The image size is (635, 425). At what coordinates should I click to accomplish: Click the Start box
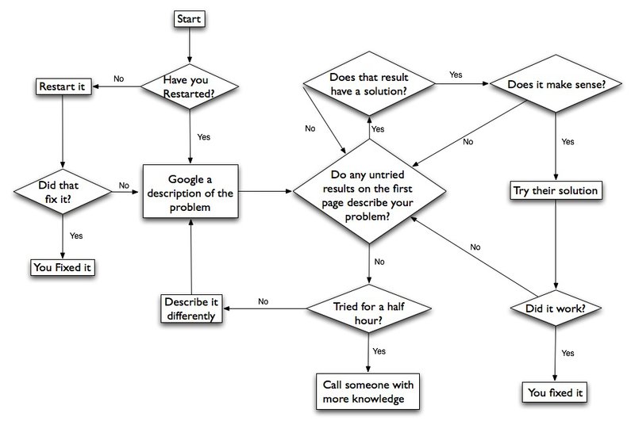pos(190,17)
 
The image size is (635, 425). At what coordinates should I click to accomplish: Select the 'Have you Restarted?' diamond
pos(190,86)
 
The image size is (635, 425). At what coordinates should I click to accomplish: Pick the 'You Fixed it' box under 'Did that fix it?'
pos(62,267)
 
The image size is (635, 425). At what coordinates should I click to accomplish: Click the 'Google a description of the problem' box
pos(190,191)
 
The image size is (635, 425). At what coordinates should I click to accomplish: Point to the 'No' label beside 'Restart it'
pos(118,78)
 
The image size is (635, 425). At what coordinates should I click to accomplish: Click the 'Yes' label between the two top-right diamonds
pos(456,75)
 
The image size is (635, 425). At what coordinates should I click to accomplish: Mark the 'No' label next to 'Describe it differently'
pos(263,301)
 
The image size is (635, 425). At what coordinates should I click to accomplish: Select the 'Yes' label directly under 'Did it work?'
pos(568,352)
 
